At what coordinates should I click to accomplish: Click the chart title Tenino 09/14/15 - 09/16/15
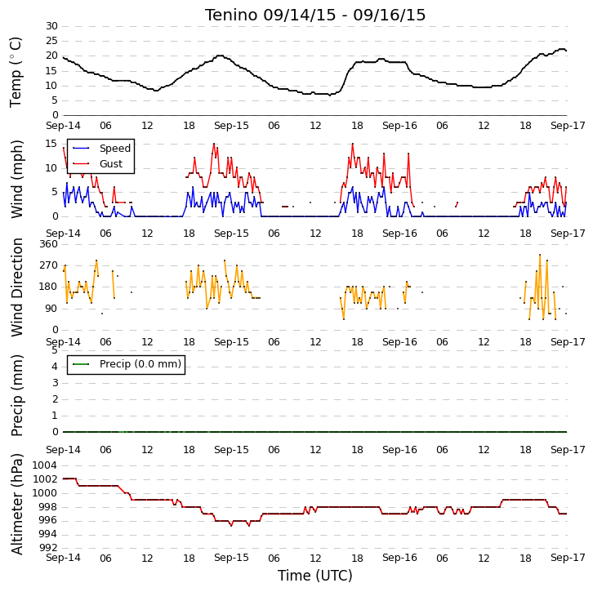click(x=315, y=16)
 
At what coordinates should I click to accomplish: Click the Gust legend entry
click(x=97, y=163)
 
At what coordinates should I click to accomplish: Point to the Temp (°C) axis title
click(x=16, y=72)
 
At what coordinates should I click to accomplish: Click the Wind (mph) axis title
click(x=16, y=179)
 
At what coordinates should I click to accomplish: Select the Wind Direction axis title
click(x=16, y=287)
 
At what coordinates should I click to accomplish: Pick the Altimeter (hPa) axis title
click(x=16, y=505)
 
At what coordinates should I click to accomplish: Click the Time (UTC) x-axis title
click(x=315, y=576)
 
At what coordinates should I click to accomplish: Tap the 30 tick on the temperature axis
click(x=51, y=26)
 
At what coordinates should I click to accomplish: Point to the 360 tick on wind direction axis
click(x=49, y=244)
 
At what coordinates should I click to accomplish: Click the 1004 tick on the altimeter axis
click(x=45, y=465)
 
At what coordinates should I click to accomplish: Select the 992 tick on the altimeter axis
click(x=49, y=547)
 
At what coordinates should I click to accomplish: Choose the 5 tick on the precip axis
click(x=56, y=350)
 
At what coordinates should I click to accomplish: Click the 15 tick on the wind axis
click(x=51, y=144)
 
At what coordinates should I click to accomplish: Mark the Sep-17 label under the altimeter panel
click(x=568, y=558)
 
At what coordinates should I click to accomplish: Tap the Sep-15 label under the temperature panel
click(x=231, y=126)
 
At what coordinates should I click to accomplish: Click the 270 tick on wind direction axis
click(x=49, y=265)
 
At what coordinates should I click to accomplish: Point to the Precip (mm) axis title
click(x=16, y=395)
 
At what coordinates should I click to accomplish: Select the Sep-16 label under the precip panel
click(x=399, y=450)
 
